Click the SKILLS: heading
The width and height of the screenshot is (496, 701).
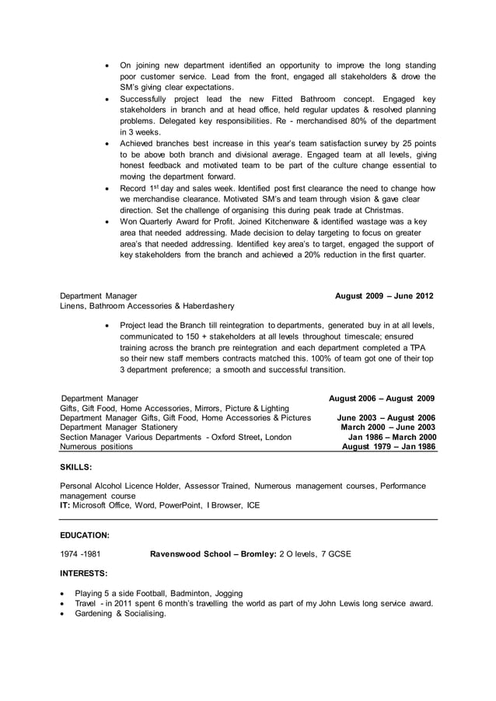coord(76,468)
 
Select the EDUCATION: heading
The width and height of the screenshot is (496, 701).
coord(85,535)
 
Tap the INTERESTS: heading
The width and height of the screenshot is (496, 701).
coord(84,574)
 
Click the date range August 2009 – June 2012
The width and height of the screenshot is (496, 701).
coord(384,296)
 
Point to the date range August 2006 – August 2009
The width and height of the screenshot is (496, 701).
coord(382,398)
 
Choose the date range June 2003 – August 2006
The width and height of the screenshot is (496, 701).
coord(386,417)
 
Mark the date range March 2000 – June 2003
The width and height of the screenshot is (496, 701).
coord(388,427)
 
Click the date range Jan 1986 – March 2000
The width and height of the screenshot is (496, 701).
coord(392,438)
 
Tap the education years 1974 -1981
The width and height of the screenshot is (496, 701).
coord(80,555)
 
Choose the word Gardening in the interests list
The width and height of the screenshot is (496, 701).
coord(94,613)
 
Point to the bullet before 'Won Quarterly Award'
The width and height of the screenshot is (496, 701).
coord(106,221)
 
